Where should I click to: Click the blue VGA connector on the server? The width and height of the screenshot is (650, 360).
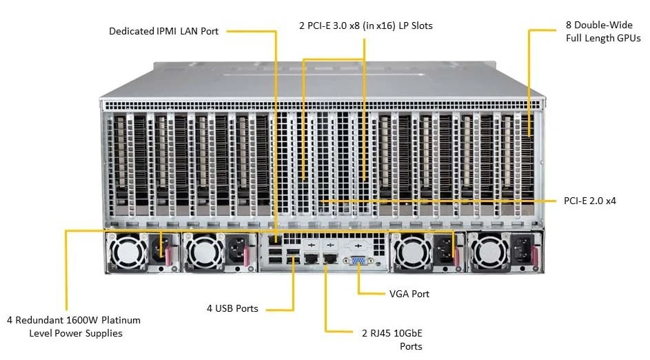tap(358, 261)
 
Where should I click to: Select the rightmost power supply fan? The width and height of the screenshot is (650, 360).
tap(489, 252)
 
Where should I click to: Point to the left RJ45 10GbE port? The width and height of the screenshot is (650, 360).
tap(311, 259)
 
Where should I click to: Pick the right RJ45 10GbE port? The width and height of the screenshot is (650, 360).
tap(330, 259)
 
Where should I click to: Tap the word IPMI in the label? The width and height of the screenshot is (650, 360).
tap(167, 31)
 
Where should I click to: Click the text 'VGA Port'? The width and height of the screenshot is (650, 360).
tap(409, 294)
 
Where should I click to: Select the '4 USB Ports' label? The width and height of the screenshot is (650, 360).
tap(232, 308)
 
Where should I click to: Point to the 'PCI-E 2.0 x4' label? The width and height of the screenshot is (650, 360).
tap(590, 201)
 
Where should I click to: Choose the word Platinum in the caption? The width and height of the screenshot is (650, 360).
tap(121, 320)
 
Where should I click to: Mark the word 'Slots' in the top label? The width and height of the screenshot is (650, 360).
tap(421, 26)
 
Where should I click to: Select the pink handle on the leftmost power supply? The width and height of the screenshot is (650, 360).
tap(168, 256)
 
